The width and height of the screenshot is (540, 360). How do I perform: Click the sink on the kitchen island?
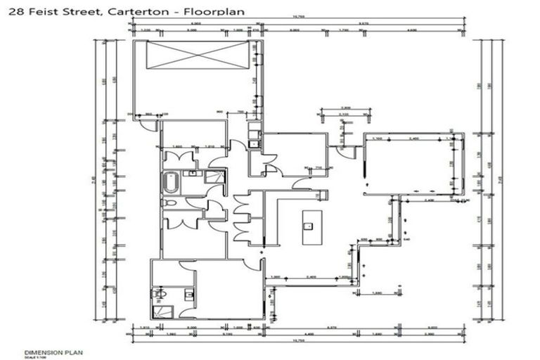point(308,226)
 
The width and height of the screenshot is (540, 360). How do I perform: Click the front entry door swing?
point(345,148)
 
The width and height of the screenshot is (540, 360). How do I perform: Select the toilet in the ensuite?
point(160,292)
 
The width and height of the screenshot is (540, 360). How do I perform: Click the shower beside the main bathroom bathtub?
point(214,176)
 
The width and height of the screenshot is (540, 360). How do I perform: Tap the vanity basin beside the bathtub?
point(191,172)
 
